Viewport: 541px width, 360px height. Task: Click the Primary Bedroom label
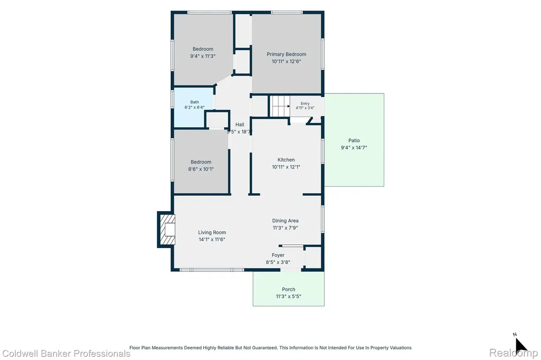286,54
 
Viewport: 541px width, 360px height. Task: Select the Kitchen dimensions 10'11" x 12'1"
286,167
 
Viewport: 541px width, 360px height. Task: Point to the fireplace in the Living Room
167,229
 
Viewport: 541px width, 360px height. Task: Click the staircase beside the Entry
279,106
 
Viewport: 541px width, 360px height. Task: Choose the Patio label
354,140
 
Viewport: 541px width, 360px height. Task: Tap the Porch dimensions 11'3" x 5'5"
288,296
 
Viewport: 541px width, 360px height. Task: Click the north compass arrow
521,345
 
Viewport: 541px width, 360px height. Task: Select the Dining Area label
285,221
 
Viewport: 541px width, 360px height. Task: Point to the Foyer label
278,255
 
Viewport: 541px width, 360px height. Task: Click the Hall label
240,125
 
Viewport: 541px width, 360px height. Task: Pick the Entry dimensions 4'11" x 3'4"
305,108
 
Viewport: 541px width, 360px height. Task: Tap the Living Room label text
212,232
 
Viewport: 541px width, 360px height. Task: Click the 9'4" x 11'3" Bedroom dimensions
203,56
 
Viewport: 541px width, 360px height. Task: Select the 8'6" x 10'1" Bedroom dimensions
201,169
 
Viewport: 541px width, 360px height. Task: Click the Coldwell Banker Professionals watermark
66,354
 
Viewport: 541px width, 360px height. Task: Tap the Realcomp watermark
514,353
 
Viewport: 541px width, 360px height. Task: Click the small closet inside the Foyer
313,257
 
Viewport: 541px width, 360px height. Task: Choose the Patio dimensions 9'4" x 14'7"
354,148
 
